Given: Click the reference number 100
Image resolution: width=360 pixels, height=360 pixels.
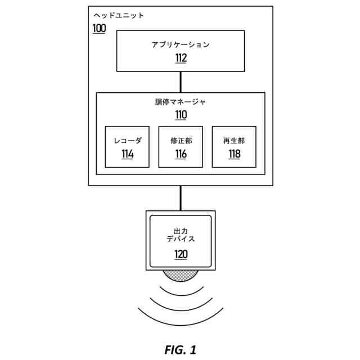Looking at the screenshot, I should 98,28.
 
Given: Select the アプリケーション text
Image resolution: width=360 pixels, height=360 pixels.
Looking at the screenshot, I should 180,44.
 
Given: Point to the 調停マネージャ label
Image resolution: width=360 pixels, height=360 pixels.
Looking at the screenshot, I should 180,102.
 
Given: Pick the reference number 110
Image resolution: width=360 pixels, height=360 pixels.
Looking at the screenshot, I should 180,115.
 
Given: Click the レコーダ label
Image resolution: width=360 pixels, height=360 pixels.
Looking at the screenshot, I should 127,141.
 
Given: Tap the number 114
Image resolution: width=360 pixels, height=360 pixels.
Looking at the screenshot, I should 127,154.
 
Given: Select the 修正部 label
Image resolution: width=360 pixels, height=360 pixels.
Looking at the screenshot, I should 181,141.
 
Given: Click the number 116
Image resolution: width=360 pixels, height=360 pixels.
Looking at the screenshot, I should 181,154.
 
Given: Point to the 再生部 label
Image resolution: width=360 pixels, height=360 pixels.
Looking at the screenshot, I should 233,141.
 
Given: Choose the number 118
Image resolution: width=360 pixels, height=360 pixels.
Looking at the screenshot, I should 233,154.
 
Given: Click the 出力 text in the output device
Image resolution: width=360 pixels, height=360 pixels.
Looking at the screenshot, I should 180,230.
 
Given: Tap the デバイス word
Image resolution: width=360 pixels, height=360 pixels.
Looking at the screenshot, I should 180,239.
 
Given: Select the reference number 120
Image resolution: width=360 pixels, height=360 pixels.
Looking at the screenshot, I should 180,254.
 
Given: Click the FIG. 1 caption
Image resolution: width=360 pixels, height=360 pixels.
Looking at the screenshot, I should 180,350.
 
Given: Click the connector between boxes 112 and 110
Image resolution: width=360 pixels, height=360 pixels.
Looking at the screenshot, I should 180,82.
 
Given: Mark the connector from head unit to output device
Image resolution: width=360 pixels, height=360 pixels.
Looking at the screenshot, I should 180,198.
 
